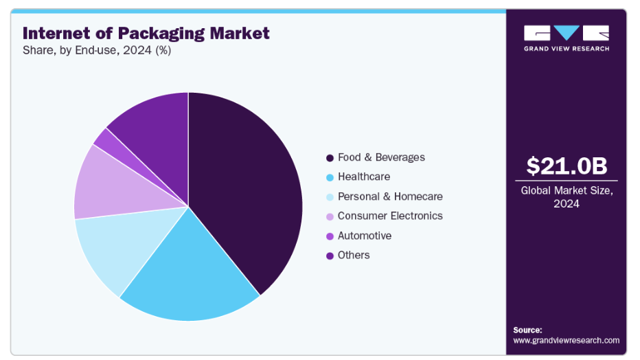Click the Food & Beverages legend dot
330,158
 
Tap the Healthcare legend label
363,177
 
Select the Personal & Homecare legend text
390,196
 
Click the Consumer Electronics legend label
390,216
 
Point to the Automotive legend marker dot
330,236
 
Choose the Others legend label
354,255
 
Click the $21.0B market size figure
567,166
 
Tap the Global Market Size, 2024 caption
567,197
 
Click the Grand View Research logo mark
567,33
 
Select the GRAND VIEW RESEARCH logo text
567,49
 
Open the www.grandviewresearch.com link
566,340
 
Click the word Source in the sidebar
527,330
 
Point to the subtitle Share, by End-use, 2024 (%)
97,51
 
